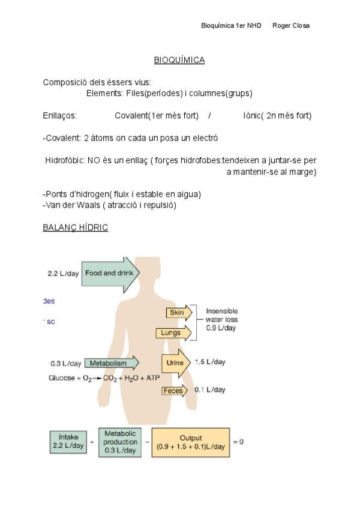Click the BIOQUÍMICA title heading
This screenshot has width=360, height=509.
179,60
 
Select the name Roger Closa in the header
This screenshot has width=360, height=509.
291,25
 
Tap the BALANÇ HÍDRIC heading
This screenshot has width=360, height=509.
75,228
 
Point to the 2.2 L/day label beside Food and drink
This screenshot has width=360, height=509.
63,273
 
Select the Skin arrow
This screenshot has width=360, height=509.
179,313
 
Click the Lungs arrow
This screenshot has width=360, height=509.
173,333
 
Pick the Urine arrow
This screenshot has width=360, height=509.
176,363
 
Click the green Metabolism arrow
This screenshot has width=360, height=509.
111,363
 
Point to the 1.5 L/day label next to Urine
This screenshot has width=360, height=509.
210,362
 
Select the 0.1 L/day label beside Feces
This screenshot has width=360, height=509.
210,390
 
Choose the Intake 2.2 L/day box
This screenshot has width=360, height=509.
68,442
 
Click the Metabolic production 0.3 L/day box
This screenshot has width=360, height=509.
120,442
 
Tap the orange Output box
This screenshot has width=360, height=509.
191,442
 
